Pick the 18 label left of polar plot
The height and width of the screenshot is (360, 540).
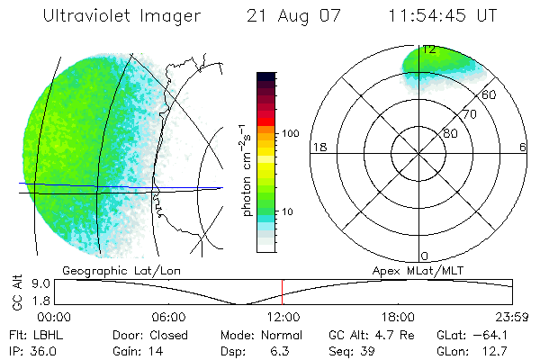click(318, 147)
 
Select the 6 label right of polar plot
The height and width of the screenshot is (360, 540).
click(523, 147)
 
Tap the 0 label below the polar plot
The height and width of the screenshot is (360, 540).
click(425, 256)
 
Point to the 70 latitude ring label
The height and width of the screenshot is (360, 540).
click(469, 114)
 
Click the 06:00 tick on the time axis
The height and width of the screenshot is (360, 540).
click(168, 318)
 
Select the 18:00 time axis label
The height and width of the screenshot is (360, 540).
click(398, 318)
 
